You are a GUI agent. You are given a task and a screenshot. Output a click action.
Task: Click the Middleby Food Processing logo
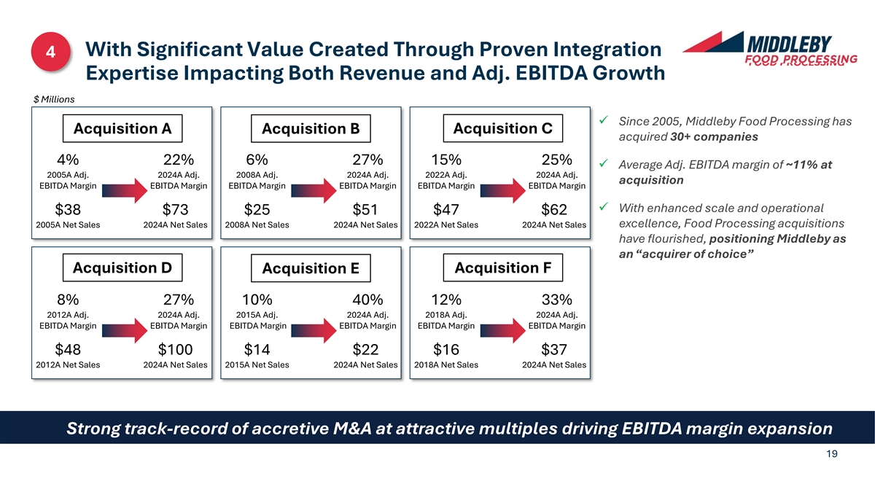coord(768,49)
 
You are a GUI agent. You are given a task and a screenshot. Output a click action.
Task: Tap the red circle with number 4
coord(51,52)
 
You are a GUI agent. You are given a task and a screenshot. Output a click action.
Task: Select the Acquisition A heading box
coord(122,128)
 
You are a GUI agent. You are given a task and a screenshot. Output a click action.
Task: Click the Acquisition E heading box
coord(311,268)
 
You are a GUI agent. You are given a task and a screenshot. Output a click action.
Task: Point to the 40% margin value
coord(367,300)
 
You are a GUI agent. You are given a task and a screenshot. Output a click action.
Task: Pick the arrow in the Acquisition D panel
coord(122,333)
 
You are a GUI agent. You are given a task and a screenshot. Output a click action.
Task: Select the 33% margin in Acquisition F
coord(556,300)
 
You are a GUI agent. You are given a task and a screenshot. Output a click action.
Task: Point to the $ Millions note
coord(54,99)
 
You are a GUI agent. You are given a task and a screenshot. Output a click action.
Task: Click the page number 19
coord(832,454)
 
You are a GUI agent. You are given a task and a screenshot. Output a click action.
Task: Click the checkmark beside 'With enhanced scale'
coord(603,208)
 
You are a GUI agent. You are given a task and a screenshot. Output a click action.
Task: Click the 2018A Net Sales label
coord(446,364)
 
